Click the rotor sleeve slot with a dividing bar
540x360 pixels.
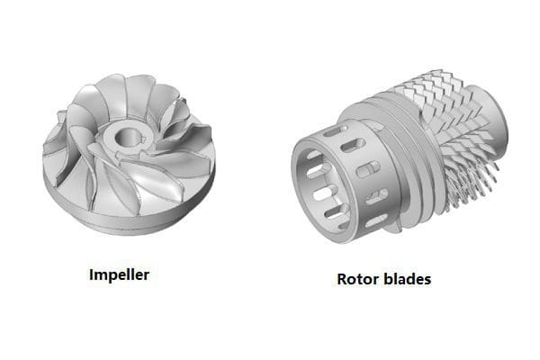368,169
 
